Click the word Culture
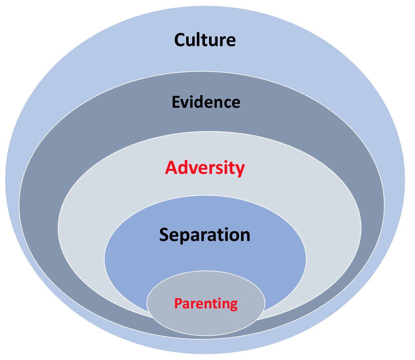205,40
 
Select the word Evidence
206,102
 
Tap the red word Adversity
205,168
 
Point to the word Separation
205,235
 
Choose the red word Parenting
206,304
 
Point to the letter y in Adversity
240,170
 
